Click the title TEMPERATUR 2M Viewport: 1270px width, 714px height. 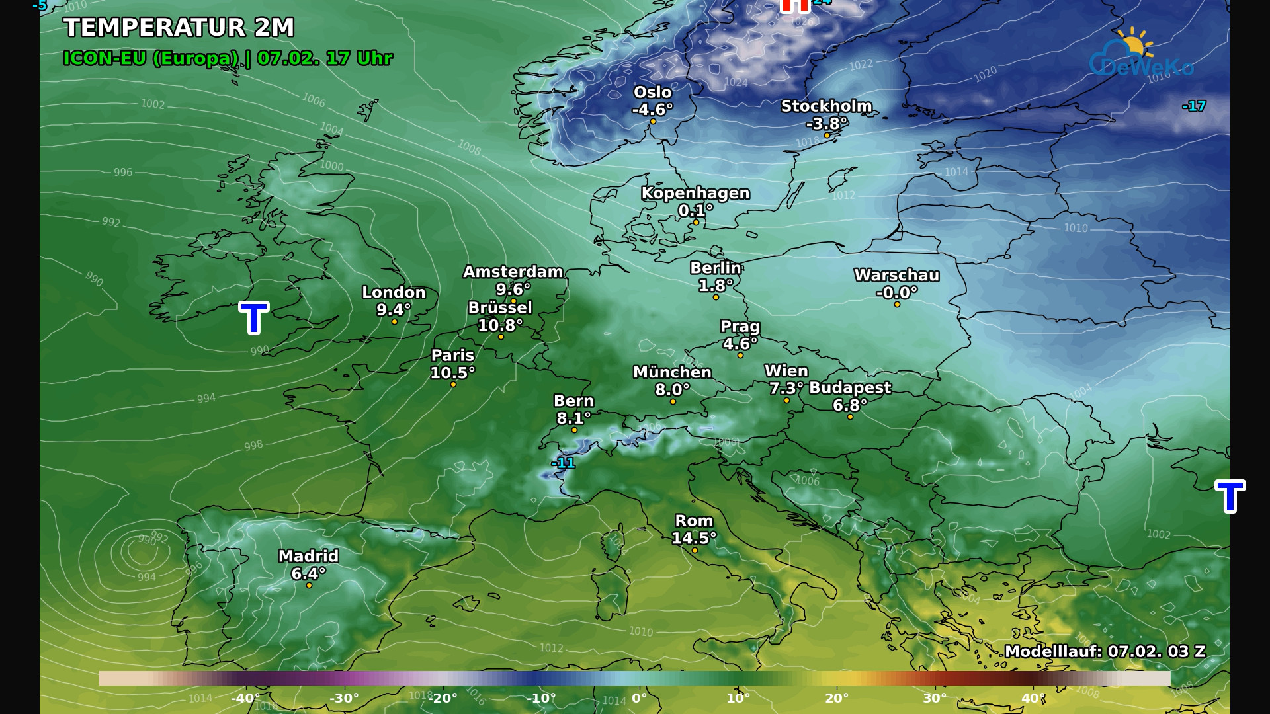(179, 28)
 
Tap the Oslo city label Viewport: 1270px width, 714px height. (652, 93)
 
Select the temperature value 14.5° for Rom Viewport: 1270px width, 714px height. (694, 538)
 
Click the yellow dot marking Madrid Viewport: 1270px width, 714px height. (309, 585)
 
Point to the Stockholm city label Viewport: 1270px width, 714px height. (826, 106)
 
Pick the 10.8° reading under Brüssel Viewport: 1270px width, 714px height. (500, 325)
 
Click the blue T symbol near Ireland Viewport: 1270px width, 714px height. (253, 318)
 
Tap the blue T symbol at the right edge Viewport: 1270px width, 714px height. (1230, 496)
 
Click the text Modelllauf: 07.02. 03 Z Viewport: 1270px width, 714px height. (1105, 652)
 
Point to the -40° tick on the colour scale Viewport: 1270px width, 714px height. (245, 698)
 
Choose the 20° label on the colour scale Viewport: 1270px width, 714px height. (836, 698)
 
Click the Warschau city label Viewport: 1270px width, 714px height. (896, 275)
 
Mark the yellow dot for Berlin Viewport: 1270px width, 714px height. (716, 297)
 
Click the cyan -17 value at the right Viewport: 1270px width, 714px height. (1194, 106)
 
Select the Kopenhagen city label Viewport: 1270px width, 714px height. (695, 193)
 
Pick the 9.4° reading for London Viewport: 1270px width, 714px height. (394, 309)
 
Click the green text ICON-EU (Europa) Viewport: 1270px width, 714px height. (151, 58)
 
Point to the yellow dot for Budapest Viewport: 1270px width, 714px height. (850, 416)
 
